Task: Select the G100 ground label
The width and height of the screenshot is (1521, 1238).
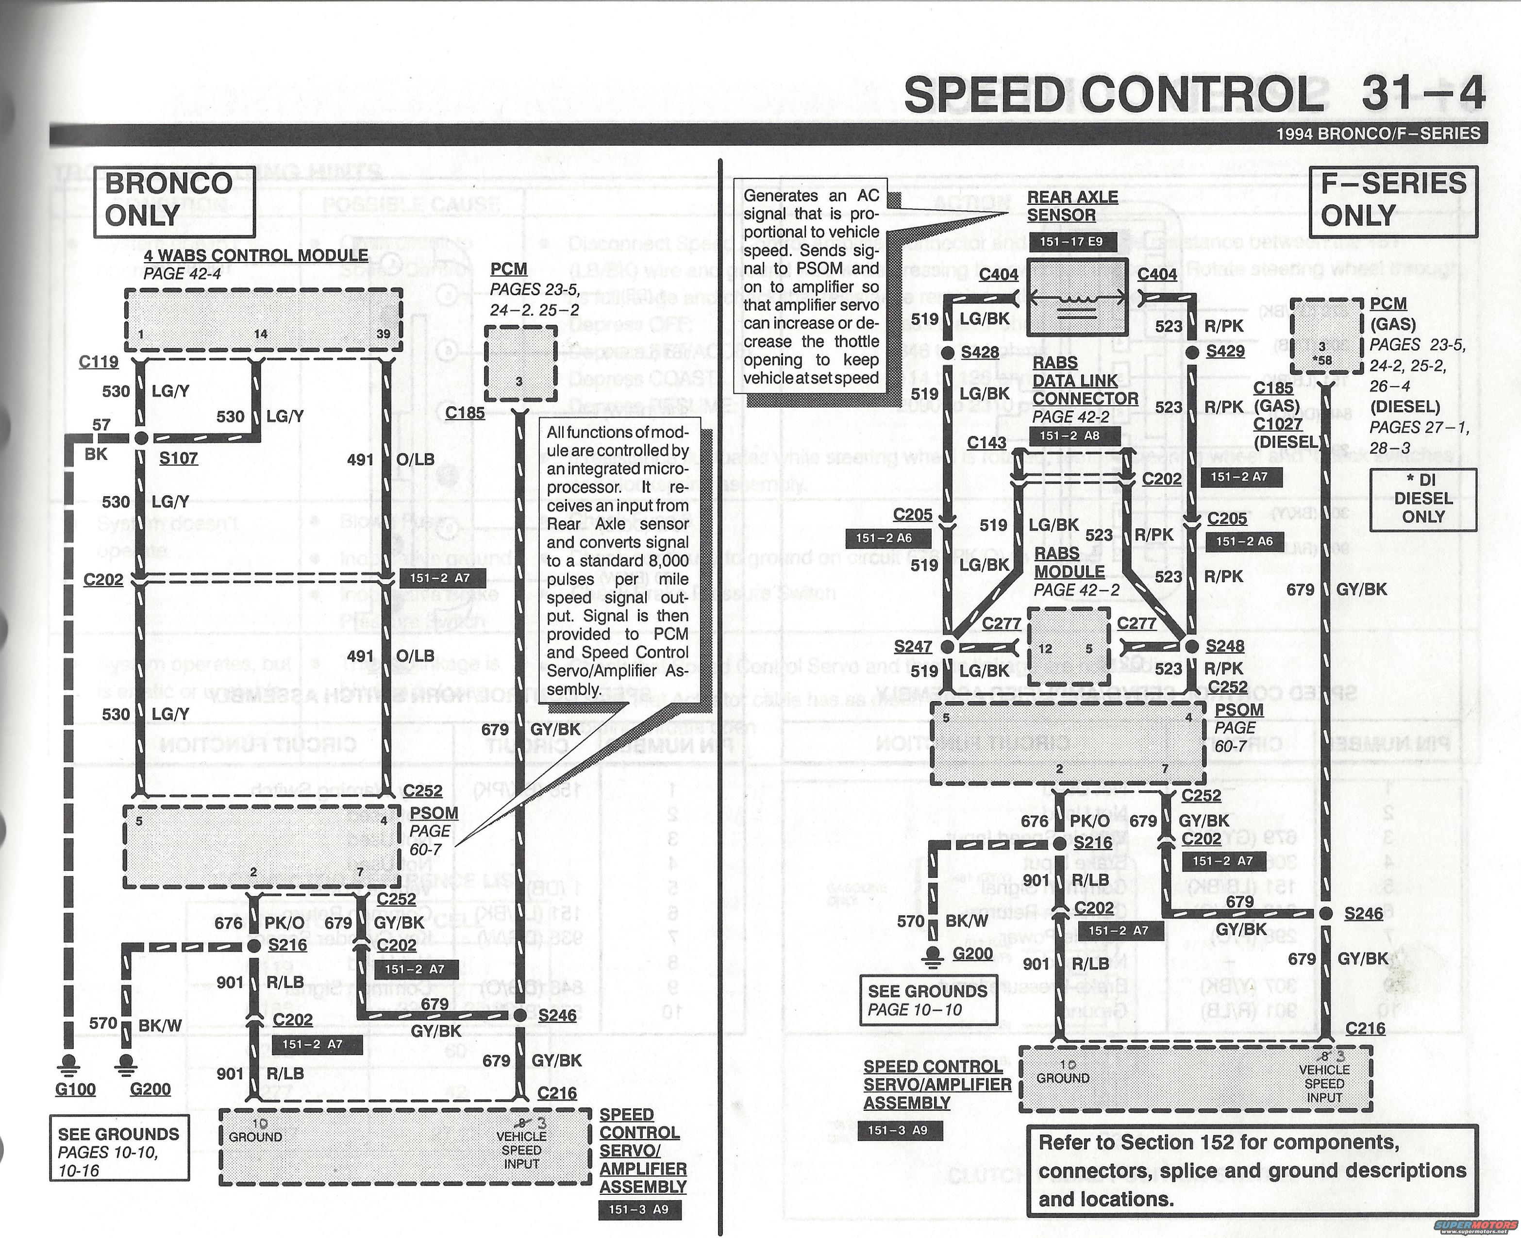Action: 75,1089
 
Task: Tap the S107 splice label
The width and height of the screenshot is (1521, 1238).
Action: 178,458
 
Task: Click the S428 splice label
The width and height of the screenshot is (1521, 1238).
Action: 980,352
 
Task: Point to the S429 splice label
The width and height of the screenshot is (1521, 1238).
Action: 1225,351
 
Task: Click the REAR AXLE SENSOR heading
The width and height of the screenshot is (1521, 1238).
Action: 1072,206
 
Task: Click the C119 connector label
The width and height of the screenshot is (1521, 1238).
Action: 99,362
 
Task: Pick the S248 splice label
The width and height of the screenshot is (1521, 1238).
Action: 1225,646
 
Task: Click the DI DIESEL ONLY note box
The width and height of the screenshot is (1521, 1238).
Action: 1422,499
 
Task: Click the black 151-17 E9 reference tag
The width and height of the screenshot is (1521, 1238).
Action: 1071,242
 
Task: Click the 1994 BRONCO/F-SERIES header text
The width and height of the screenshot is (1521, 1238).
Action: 1378,134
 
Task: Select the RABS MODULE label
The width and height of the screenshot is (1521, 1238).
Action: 1069,562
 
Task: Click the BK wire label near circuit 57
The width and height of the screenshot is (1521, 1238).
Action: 96,453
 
